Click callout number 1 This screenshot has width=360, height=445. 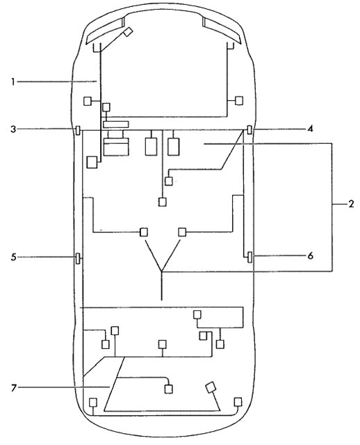tap(13, 82)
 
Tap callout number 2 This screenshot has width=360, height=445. tap(351, 204)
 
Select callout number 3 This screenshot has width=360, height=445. tap(13, 129)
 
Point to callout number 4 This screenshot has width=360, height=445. tap(310, 129)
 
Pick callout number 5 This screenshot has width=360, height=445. tap(13, 257)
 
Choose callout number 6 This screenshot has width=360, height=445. tap(311, 256)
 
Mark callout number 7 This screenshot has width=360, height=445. tap(14, 388)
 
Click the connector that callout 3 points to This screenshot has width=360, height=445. tap(78, 131)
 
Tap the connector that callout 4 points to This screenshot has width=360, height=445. tap(249, 129)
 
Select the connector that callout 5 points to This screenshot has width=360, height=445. tap(78, 258)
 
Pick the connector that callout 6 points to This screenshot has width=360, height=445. tap(249, 257)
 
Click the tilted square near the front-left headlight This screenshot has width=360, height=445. tap(129, 32)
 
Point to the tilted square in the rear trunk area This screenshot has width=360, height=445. tap(211, 387)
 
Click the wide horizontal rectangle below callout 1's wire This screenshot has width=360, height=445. tap(116, 124)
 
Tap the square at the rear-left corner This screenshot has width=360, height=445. tap(93, 403)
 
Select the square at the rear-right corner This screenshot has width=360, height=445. tap(238, 402)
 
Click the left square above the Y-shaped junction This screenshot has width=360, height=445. tap(144, 232)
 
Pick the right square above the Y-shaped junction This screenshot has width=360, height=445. tap(182, 232)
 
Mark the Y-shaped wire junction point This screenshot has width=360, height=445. tap(161, 272)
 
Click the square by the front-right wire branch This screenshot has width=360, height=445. tap(239, 100)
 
